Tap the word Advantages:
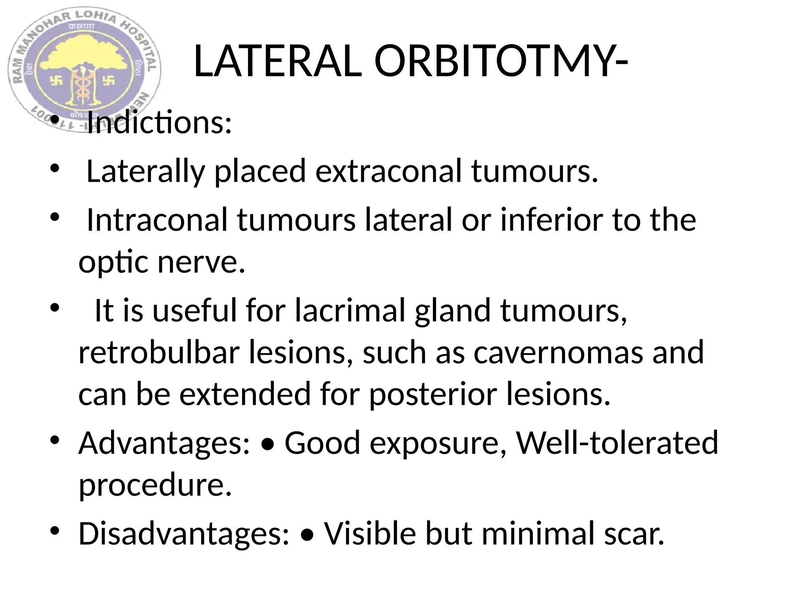click(164, 443)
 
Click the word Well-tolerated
click(617, 443)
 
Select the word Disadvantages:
click(184, 533)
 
